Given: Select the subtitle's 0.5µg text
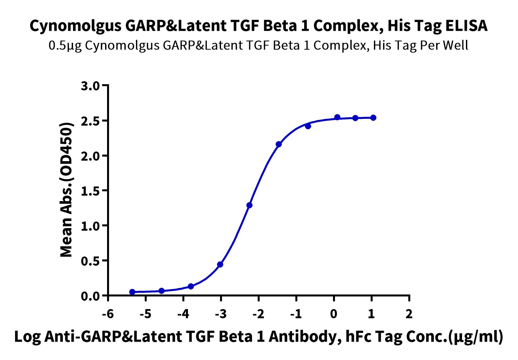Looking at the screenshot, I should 65,46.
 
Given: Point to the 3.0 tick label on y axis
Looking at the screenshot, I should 90,86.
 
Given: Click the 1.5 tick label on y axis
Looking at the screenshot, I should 90,191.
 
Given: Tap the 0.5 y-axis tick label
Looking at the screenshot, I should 90,261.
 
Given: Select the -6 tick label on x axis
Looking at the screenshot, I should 108,314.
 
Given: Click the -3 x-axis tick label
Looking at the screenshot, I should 221,314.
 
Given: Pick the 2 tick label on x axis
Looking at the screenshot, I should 409,314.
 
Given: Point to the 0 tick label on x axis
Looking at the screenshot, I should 334,314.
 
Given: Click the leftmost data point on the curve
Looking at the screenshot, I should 132,292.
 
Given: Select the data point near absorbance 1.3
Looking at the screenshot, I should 250,205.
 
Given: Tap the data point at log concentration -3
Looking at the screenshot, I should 220,264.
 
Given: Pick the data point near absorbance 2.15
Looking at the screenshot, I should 279,144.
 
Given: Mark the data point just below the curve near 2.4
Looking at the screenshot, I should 308,126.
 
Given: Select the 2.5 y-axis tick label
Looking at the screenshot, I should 90,121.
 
